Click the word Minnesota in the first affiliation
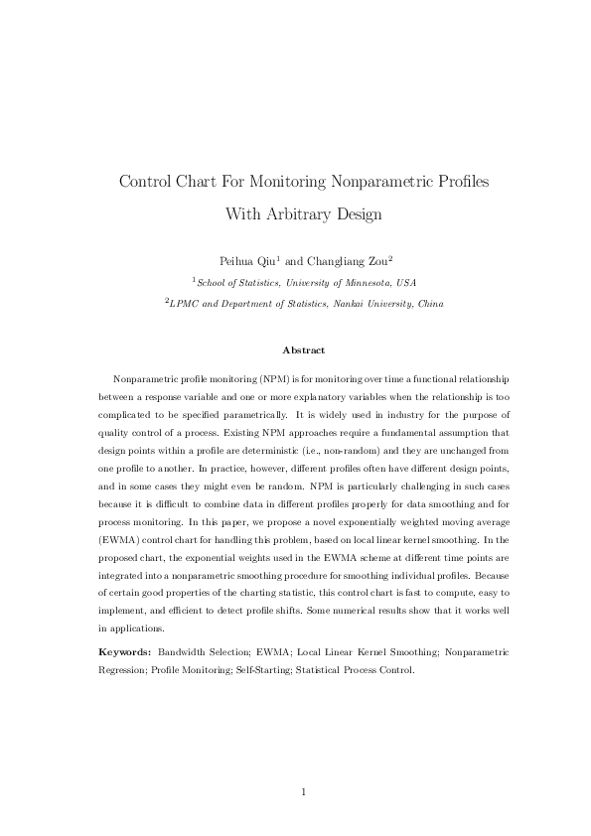(364, 283)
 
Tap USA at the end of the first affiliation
(406, 283)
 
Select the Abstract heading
(303, 349)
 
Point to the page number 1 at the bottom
(303, 791)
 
